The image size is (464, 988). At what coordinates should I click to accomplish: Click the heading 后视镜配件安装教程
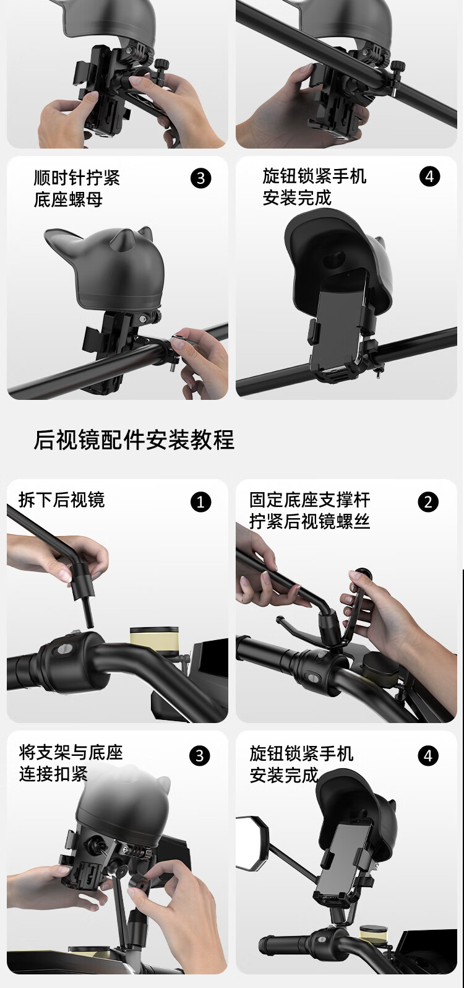click(x=134, y=440)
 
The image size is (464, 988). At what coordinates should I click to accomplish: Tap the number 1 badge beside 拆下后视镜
click(x=200, y=502)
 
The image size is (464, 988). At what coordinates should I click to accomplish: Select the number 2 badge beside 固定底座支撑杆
click(x=428, y=502)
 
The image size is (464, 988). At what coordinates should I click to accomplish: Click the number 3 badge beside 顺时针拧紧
click(x=200, y=178)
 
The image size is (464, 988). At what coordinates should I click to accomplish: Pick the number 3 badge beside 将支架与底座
click(x=200, y=756)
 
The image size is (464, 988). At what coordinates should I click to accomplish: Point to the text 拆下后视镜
click(x=62, y=500)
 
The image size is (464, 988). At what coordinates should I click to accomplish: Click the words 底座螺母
click(x=68, y=199)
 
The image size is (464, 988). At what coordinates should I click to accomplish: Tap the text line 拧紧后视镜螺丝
click(x=310, y=521)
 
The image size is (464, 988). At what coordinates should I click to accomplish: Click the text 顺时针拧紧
click(x=77, y=178)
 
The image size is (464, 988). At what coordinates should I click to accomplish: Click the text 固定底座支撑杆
click(x=310, y=500)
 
